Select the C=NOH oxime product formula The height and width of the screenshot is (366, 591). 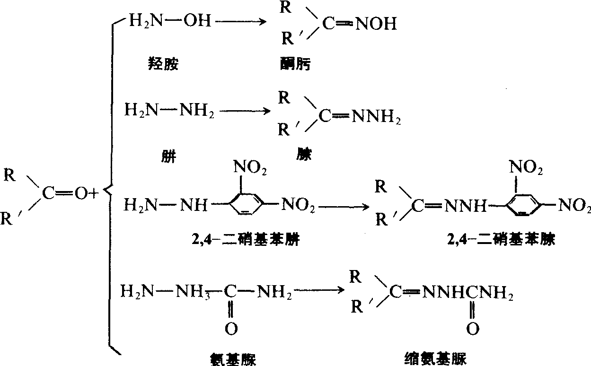[x=360, y=24]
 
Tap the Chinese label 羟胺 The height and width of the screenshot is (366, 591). [x=163, y=64]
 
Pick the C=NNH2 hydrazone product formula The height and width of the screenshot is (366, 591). [x=360, y=115]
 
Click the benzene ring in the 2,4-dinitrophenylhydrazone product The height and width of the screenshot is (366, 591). [x=523, y=204]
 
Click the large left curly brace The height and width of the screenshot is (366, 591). [x=110, y=189]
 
